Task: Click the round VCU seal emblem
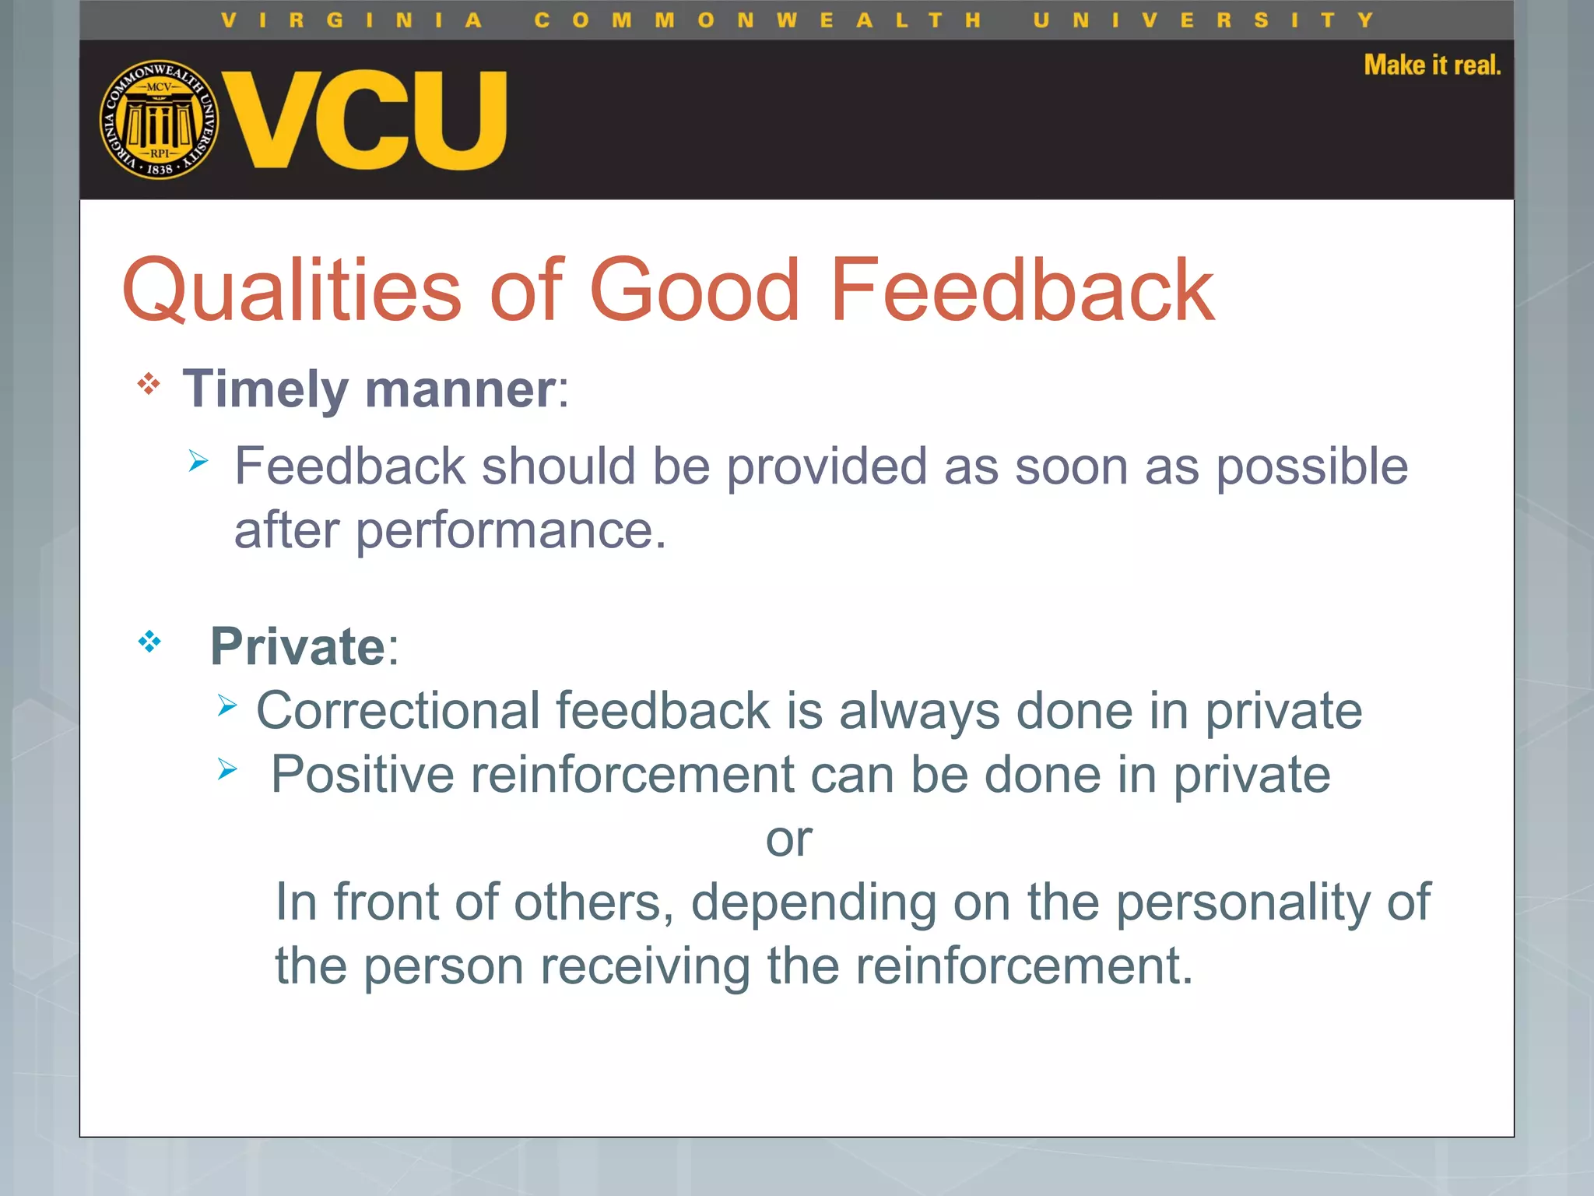tap(160, 120)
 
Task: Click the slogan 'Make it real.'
tap(1431, 65)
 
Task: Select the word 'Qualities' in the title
tap(292, 290)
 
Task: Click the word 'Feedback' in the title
tap(1021, 290)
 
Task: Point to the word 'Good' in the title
tap(694, 290)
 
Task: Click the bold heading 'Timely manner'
tap(369, 389)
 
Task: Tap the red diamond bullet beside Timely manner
tap(149, 384)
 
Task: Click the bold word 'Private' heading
tap(297, 646)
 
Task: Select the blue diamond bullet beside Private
tap(149, 642)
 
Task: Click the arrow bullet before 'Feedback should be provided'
tap(199, 461)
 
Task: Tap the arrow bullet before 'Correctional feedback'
tap(227, 705)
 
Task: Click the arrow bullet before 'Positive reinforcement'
tap(227, 769)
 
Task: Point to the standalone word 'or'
tap(788, 839)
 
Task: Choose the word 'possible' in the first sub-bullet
tap(1311, 467)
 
